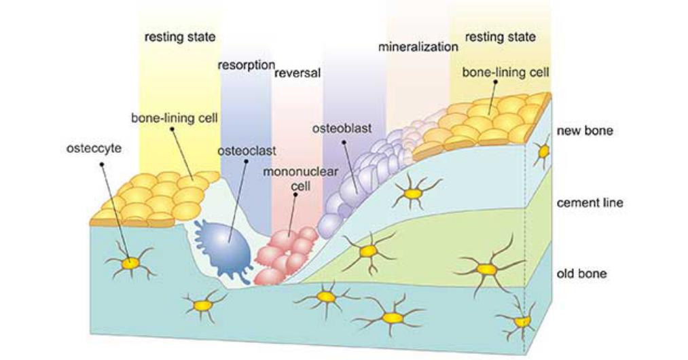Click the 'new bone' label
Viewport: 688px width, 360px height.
tap(585, 130)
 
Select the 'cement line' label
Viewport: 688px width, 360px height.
tap(590, 202)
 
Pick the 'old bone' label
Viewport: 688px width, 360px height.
tap(582, 274)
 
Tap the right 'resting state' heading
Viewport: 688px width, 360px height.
tap(499, 36)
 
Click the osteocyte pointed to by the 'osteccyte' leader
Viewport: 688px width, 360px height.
tap(129, 262)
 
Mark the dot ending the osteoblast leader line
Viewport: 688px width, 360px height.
tap(344, 143)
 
